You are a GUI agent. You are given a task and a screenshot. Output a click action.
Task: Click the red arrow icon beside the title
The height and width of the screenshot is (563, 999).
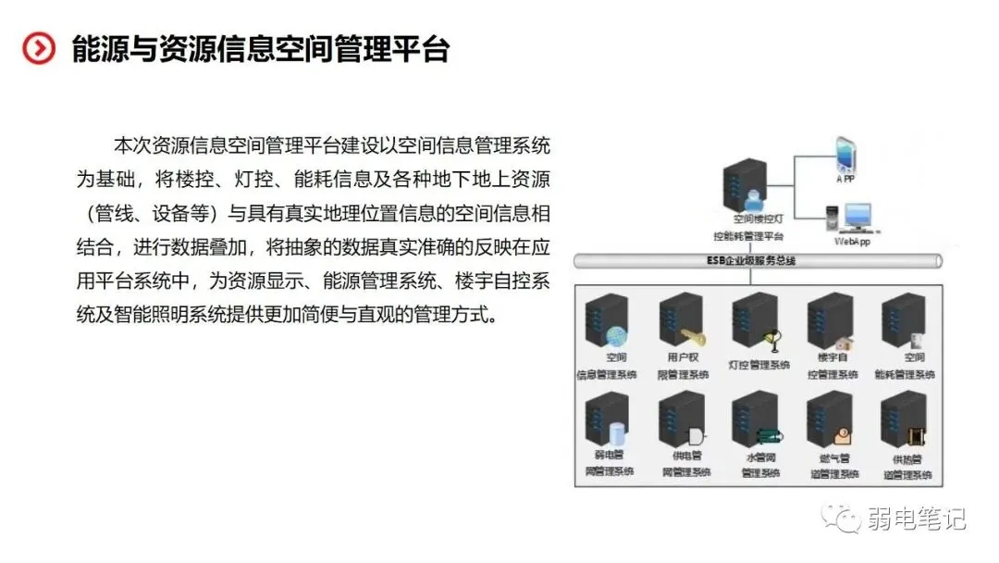(x=39, y=48)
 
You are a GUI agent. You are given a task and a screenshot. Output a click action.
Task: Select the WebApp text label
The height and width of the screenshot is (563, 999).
(x=853, y=242)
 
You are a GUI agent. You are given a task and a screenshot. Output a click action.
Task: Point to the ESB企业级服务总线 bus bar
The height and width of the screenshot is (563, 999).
(x=758, y=261)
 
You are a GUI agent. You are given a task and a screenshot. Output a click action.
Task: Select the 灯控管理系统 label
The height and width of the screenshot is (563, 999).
(x=758, y=365)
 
